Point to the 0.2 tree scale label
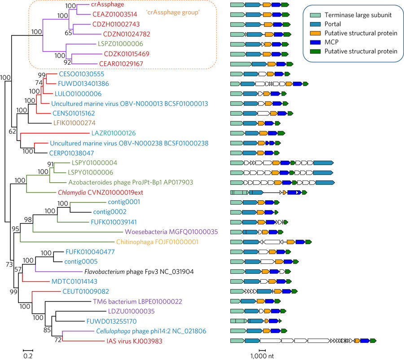pyautogui.click(x=28, y=355)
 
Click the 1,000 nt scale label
pyautogui.click(x=263, y=355)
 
